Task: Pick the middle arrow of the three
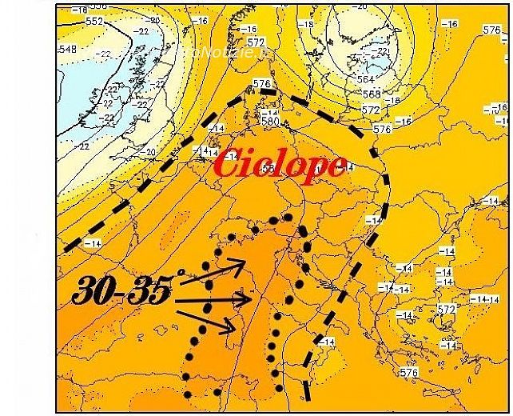click(212, 301)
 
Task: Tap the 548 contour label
click(67, 50)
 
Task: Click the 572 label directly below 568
click(371, 110)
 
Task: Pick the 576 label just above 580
click(260, 83)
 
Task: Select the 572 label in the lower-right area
click(446, 310)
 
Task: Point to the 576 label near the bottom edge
click(409, 373)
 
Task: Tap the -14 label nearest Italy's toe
click(325, 342)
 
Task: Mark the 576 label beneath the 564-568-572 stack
click(381, 129)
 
